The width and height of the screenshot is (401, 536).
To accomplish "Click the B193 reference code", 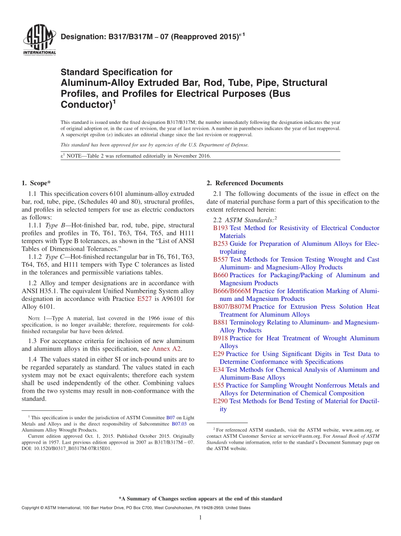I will (x=220, y=228).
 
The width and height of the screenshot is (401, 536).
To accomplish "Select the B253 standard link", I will (x=220, y=244).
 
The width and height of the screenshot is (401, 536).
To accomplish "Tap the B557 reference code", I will (x=220, y=260).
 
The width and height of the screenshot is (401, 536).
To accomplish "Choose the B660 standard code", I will (x=220, y=275).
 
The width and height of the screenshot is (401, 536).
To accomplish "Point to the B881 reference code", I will (x=220, y=322).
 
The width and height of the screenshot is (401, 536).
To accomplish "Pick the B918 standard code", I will (x=220, y=338).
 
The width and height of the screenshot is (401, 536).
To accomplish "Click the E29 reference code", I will (x=219, y=354).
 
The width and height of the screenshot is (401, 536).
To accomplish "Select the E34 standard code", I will (x=219, y=370).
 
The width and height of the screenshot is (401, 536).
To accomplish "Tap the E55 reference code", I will (x=219, y=386).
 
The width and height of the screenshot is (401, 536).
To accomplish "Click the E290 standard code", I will (x=220, y=401).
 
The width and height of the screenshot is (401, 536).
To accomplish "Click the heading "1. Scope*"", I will (x=36, y=183).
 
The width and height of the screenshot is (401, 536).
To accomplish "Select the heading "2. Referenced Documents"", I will (x=245, y=183).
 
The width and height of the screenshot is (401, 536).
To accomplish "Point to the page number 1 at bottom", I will (x=200, y=517).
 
